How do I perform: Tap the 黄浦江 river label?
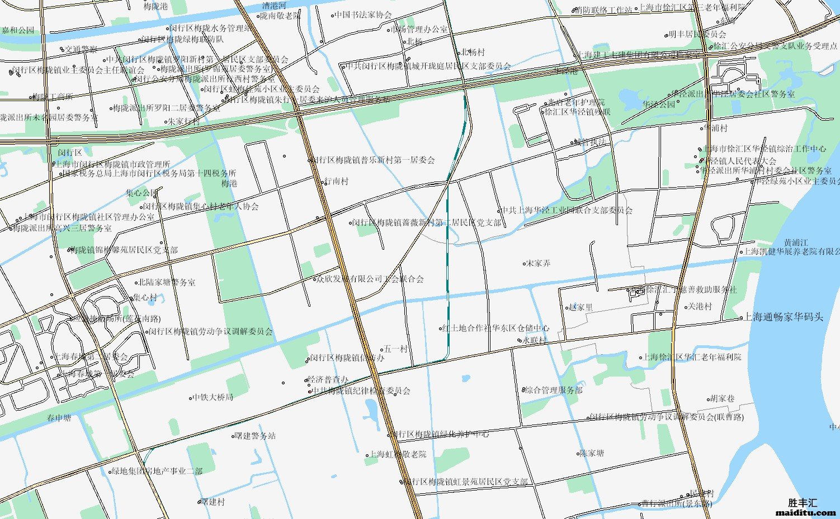click(796, 242)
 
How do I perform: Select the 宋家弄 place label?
click(539, 263)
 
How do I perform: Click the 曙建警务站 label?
click(256, 436)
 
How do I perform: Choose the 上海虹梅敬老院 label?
click(398, 454)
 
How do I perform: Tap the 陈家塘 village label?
click(592, 453)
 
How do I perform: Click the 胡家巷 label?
click(723, 398)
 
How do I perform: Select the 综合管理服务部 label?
click(554, 391)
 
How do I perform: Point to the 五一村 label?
click(396, 349)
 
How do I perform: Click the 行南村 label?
click(337, 182)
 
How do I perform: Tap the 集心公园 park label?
click(141, 193)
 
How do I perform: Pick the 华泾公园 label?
click(659, 104)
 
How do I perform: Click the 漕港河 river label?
click(274, 6)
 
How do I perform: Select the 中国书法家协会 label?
click(364, 15)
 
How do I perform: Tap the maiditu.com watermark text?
click(806, 512)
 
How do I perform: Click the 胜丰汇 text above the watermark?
click(803, 503)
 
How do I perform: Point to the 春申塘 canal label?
click(59, 418)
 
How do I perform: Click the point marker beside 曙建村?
click(199, 502)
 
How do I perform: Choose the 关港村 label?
click(700, 307)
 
